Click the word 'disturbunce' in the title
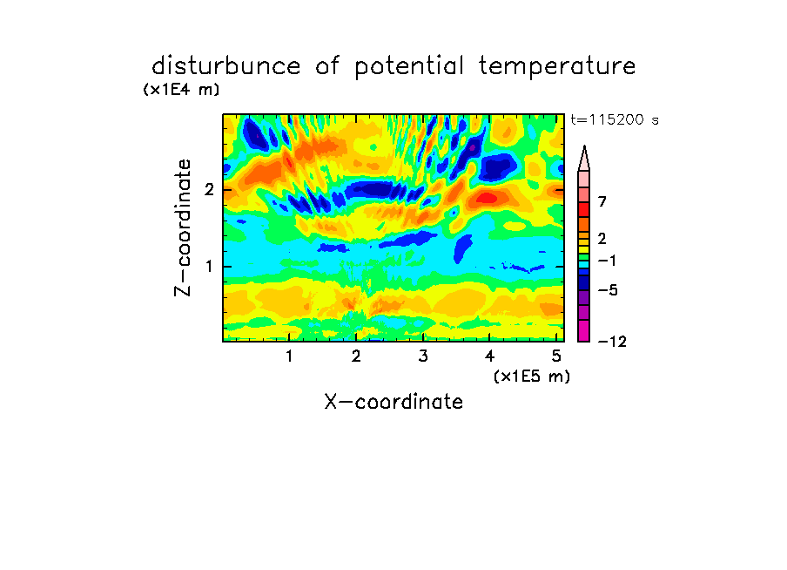(225, 66)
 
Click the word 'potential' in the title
(409, 67)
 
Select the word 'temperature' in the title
(557, 67)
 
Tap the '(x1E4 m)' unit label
(181, 90)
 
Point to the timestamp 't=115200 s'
(615, 119)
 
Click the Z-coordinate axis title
(183, 227)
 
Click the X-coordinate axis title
(393, 402)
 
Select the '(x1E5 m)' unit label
(532, 376)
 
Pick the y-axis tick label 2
(209, 190)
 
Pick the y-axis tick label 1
(209, 267)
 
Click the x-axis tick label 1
(290, 356)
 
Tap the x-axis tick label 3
(423, 356)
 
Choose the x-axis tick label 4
(490, 356)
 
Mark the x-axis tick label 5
(556, 356)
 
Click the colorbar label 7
(602, 201)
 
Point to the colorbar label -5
(608, 290)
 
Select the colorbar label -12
(612, 342)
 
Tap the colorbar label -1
(608, 261)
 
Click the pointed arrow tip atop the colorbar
(584, 146)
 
